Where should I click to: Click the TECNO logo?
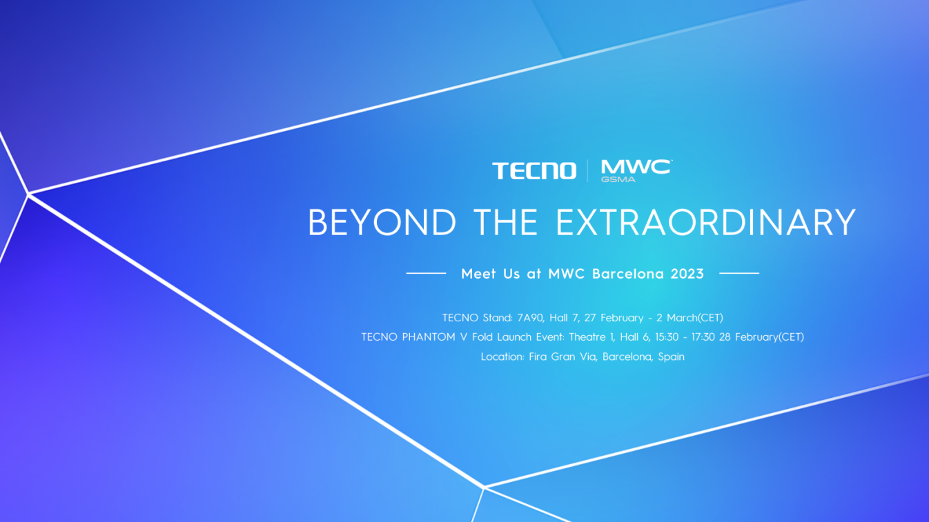[x=534, y=171]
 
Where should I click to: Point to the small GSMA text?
[x=618, y=179]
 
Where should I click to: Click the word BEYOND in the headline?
[x=382, y=223]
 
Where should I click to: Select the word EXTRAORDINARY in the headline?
[x=705, y=223]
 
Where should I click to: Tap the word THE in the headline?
[x=506, y=223]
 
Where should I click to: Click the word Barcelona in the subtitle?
[x=628, y=274]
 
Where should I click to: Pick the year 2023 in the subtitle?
[x=687, y=274]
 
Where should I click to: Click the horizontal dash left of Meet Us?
[x=426, y=273]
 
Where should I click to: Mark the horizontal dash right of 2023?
[x=739, y=273]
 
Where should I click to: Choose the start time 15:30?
[x=667, y=337]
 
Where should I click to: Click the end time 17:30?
[x=703, y=337]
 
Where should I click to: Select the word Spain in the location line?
[x=671, y=357]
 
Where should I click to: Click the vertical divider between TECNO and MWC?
[x=587, y=171]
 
